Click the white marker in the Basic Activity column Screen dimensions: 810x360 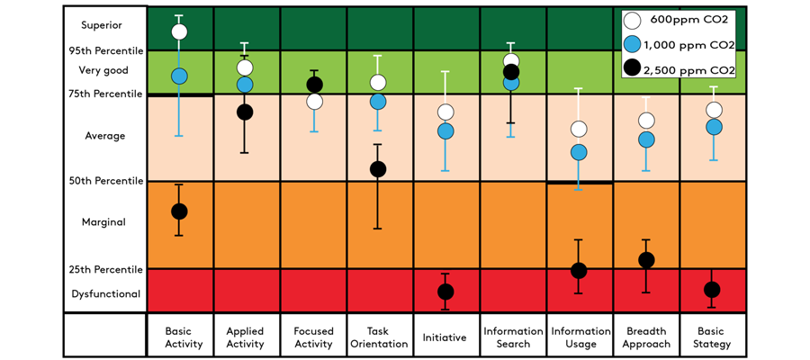click(x=179, y=31)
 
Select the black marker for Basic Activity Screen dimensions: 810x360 click(x=179, y=211)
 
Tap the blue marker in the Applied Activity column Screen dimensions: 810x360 click(x=245, y=84)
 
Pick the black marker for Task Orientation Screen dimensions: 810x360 click(x=378, y=169)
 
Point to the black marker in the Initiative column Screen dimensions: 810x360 click(x=445, y=292)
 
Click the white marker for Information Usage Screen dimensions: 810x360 click(x=579, y=129)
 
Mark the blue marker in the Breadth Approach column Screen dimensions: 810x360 click(x=646, y=139)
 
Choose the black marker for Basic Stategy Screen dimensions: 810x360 click(x=712, y=290)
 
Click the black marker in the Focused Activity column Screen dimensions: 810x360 click(x=315, y=85)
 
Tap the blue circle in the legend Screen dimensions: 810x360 click(x=631, y=44)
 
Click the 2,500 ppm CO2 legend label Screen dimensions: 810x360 click(x=689, y=69)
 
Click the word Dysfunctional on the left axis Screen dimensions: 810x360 click(x=106, y=294)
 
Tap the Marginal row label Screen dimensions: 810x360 click(x=103, y=222)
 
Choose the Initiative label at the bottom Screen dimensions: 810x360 click(x=445, y=337)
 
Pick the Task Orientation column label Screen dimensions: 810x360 click(x=379, y=337)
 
